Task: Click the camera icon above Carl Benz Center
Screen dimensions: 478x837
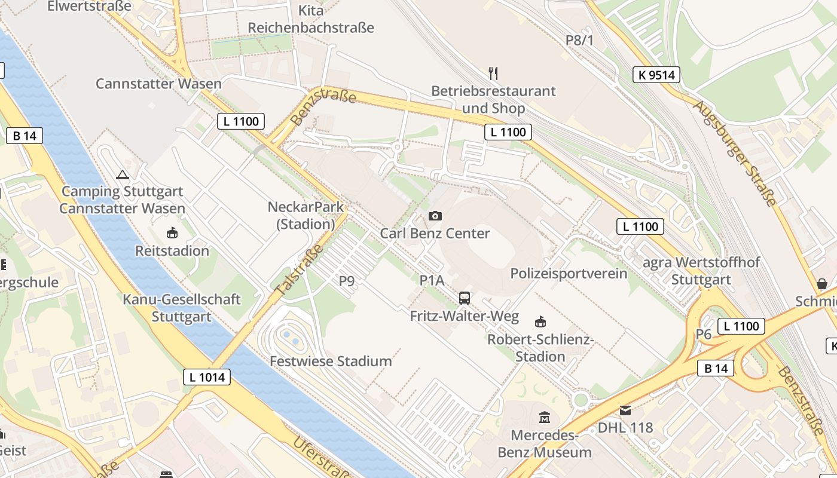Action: [x=435, y=216]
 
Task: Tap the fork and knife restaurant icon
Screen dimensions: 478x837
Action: [x=493, y=73]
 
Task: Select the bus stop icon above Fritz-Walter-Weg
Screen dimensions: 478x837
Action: [x=465, y=298]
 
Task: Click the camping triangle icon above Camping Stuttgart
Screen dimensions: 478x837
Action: [x=123, y=174]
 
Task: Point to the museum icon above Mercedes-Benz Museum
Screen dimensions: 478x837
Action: [x=545, y=417]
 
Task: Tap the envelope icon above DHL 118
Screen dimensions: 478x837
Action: [x=625, y=410]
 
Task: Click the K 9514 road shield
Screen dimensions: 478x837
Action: [x=656, y=75]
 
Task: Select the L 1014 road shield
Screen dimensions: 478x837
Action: [x=207, y=377]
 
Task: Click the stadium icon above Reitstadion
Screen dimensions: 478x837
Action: [x=172, y=232]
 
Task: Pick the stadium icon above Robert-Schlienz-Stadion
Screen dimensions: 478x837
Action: [x=540, y=321]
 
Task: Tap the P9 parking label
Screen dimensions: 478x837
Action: [x=347, y=280]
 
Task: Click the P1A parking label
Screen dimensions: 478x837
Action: [x=432, y=280]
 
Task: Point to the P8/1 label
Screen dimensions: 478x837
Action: [x=580, y=40]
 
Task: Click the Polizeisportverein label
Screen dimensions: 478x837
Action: [x=569, y=274]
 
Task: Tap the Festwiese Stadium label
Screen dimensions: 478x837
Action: [x=331, y=361]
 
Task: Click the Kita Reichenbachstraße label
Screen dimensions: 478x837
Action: [x=311, y=19]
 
